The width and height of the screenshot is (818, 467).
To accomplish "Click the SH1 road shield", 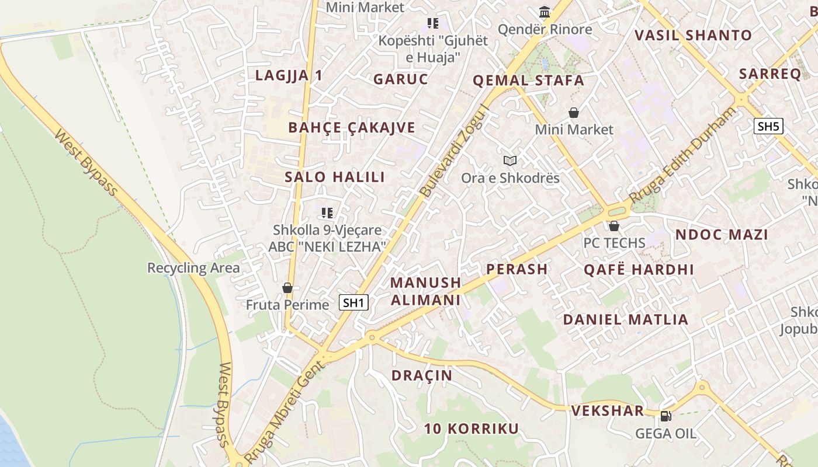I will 354,302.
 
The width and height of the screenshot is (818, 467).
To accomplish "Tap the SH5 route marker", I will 768,126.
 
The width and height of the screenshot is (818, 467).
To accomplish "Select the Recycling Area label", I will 193,268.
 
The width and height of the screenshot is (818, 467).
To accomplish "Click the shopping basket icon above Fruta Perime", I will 287,288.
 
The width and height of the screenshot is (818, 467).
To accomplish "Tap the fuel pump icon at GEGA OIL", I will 666,416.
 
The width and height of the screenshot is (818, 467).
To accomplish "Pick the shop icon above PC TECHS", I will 613,226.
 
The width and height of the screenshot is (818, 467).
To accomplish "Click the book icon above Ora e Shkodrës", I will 510,161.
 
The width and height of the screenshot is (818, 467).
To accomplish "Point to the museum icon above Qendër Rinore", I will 545,12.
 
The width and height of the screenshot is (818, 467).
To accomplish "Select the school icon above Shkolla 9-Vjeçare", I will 327,212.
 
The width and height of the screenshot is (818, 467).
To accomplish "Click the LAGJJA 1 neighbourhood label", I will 289,75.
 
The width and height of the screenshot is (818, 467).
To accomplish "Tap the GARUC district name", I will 401,79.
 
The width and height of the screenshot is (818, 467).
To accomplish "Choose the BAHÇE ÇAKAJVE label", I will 352,128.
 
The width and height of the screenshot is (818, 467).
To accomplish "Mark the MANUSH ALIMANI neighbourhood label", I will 425,291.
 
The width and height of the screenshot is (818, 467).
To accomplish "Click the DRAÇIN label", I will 422,375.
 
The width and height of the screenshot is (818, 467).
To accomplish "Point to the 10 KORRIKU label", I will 471,429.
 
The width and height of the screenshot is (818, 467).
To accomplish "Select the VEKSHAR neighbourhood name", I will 608,411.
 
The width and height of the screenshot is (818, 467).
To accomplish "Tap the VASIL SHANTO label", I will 693,35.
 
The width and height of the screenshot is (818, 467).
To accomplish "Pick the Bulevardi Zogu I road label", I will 453,151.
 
